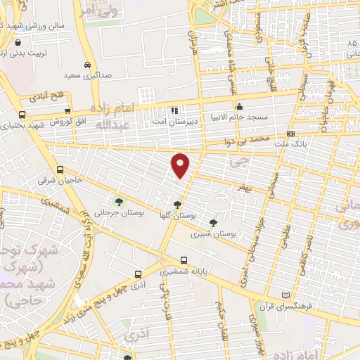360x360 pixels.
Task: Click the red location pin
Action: pos(181,165)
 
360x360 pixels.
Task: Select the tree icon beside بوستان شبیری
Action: pos(213,222)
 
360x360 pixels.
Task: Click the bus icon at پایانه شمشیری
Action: pos(183,259)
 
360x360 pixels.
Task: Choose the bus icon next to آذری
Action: pos(138,275)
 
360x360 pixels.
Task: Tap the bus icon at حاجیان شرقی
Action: pos(60,169)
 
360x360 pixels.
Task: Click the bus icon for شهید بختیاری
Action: pos(22,115)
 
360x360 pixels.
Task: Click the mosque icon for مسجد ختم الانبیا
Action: pos(239,107)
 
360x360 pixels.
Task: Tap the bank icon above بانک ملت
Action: pos(290,134)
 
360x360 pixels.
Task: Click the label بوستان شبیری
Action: pos(220,233)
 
